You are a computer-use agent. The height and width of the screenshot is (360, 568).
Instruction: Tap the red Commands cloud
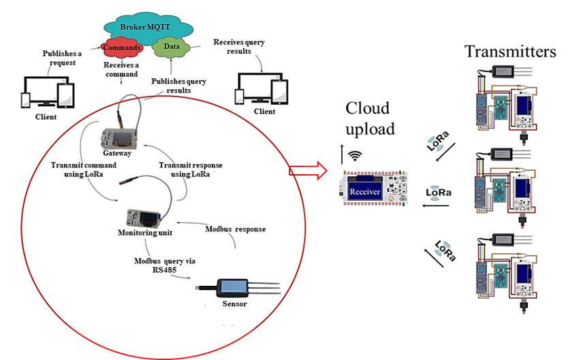tap(123, 48)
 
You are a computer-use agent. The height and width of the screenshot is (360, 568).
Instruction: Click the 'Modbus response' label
tap(235, 229)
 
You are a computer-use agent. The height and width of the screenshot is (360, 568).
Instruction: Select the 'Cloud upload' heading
tap(368, 118)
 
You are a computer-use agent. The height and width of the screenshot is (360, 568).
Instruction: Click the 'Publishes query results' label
tap(178, 86)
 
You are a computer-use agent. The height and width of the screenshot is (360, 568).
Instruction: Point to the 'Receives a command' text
tap(121, 69)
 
